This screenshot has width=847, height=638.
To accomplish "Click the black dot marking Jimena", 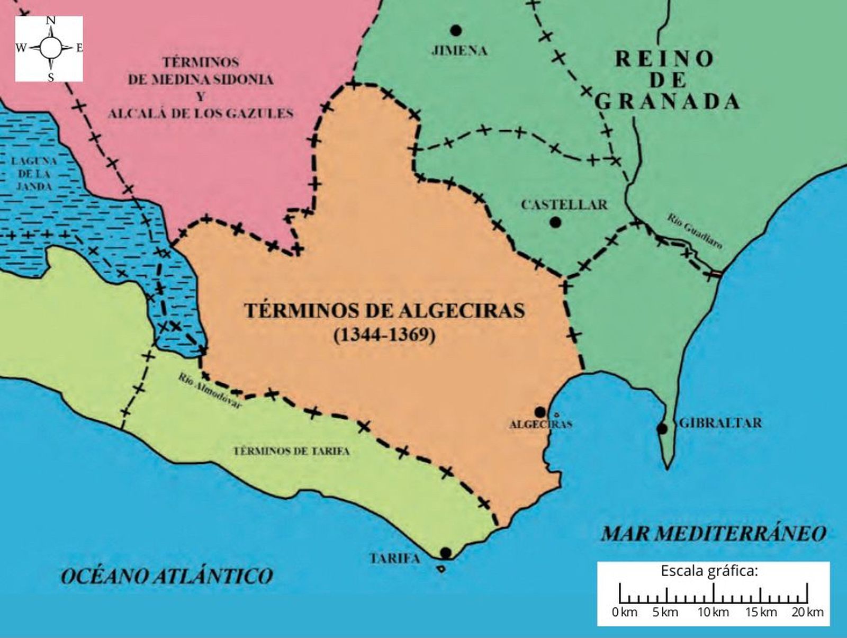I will (x=455, y=30).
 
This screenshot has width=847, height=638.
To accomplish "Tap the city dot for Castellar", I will (x=555, y=223).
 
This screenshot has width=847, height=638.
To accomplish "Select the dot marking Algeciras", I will (x=540, y=412).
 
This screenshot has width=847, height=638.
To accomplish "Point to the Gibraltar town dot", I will (x=662, y=429).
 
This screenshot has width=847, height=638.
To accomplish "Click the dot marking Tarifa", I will (x=445, y=553).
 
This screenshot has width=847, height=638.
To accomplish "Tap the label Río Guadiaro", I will (x=695, y=231).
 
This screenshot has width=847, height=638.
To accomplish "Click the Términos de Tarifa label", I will (x=292, y=451).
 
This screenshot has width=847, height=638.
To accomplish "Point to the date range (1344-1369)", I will (x=384, y=335).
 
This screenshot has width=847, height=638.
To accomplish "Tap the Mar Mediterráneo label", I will (x=713, y=533).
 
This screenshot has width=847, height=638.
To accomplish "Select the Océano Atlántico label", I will (x=167, y=576).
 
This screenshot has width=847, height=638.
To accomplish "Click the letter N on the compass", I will (x=51, y=21).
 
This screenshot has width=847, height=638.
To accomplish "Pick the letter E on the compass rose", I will (x=79, y=48).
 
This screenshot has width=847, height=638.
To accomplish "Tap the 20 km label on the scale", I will (x=807, y=613).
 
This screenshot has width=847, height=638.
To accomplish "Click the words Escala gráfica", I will (x=709, y=571).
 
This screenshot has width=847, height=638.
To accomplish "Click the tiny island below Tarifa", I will (x=440, y=569).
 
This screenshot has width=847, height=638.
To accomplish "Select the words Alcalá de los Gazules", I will (x=201, y=113).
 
